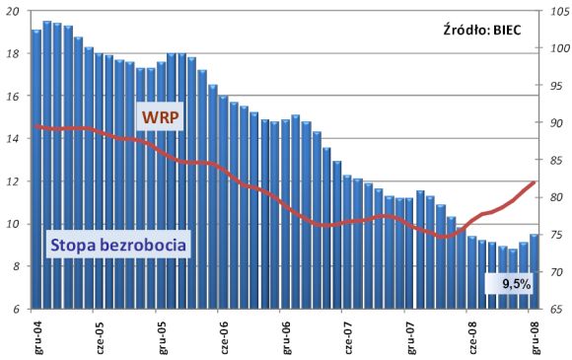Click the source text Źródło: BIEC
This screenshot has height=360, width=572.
[x=482, y=30]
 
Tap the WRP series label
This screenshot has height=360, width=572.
[x=160, y=117]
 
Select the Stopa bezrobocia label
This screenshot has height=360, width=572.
[x=118, y=245]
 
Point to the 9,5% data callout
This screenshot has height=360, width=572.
[x=517, y=283]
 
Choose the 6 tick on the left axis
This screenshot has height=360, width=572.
[x=16, y=310]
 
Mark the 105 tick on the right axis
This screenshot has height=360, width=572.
[x=558, y=12]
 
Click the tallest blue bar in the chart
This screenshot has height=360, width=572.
[x=47, y=165]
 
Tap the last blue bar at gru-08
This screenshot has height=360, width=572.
[x=535, y=271]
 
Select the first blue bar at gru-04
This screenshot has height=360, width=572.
[x=36, y=170]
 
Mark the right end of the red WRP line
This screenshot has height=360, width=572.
[x=535, y=182]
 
